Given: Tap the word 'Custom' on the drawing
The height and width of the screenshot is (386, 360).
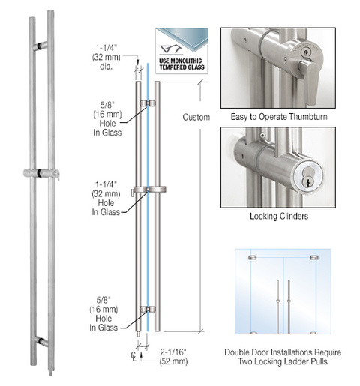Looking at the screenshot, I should tap(194, 118).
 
